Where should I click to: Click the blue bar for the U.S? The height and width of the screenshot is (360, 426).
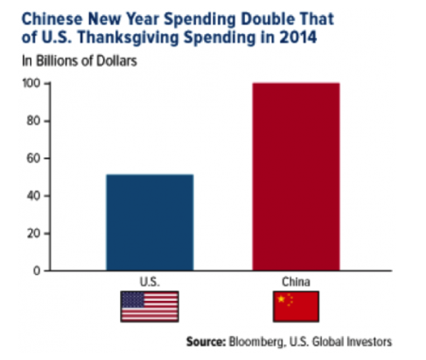[150, 223]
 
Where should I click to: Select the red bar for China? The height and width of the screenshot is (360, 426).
[296, 177]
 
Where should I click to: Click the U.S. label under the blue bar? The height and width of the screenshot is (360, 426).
[150, 282]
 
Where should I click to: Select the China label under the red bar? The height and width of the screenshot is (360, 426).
[296, 282]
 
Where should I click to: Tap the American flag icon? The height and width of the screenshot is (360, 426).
[150, 306]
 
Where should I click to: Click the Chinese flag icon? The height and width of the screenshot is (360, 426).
[296, 306]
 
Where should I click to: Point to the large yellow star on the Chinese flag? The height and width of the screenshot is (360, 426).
[281, 299]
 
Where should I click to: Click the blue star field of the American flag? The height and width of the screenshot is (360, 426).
[132, 299]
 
